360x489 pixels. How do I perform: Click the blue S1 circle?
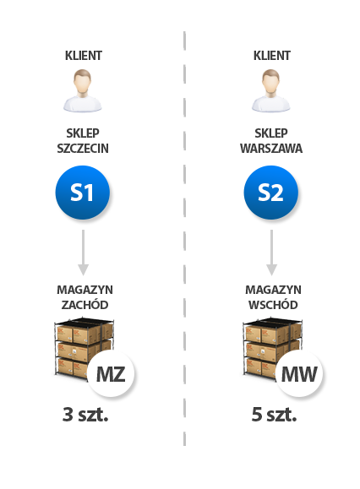pos(82,193)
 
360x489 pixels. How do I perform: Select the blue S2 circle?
pos(270,193)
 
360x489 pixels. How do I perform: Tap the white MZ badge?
pos(111,373)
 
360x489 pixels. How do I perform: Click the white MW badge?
pos(299,373)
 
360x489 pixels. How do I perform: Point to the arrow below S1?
pos(83,253)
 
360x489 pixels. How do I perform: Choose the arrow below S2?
pos(271,253)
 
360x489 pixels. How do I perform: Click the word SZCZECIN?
pos(83,148)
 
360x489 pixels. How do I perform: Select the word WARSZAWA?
pos(271,148)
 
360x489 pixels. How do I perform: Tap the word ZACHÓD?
pos(85,304)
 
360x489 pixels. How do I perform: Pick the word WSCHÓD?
pos(273,304)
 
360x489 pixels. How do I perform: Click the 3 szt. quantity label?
pos(85,415)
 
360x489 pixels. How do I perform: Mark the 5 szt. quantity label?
pos(274,415)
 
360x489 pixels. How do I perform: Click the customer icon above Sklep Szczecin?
pos(82,90)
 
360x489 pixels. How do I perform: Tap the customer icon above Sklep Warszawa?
pos(270,90)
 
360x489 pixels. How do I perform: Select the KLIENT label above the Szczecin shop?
pos(84,56)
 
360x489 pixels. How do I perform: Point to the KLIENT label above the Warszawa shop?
pos(272,56)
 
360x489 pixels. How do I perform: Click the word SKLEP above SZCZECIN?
pos(83,133)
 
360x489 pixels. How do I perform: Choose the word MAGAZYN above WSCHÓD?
pos(273,290)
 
